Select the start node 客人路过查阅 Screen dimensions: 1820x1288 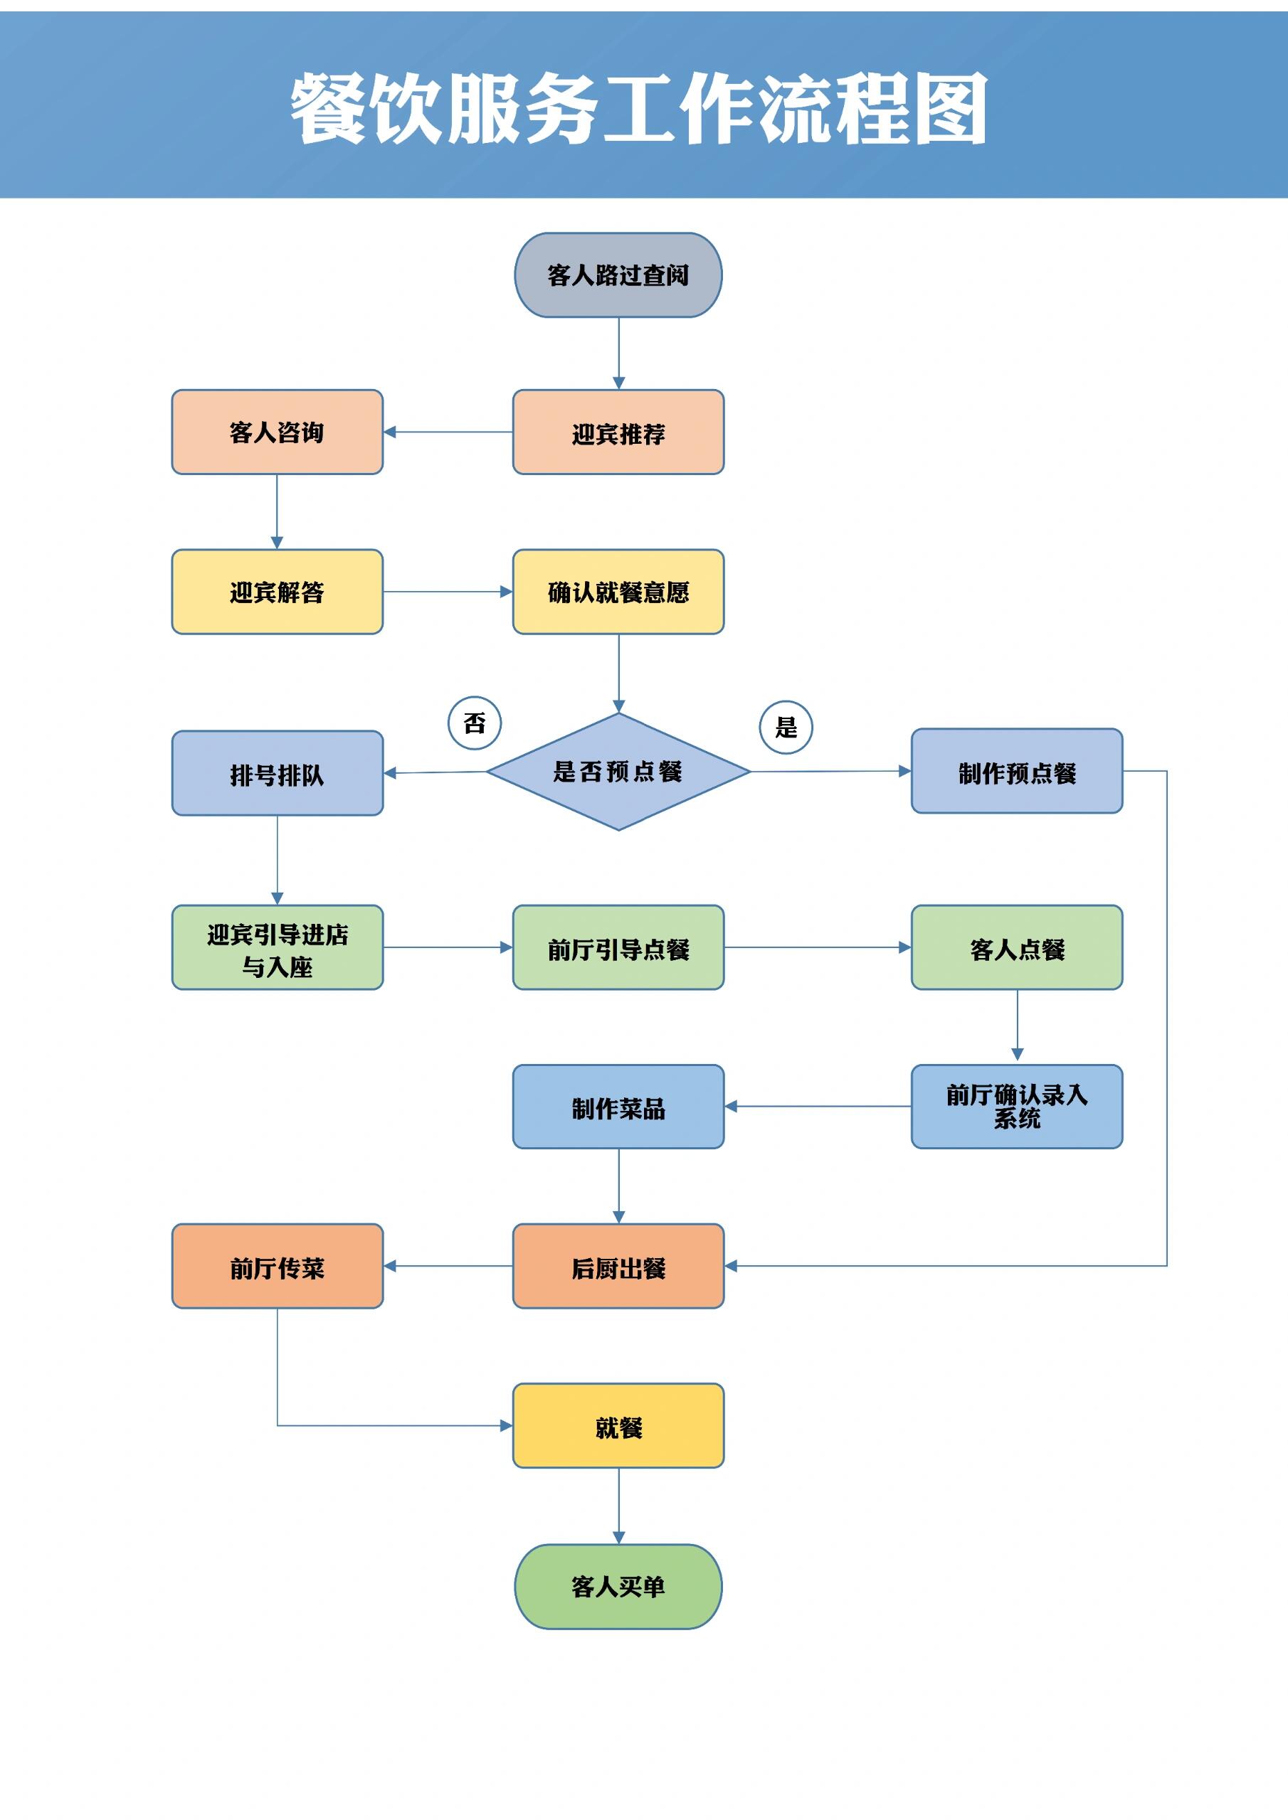[x=618, y=275]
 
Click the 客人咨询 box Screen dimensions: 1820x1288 [x=277, y=432]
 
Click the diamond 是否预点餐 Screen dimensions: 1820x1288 [x=618, y=771]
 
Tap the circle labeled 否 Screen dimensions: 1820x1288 [x=474, y=722]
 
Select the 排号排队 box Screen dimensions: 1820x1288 [x=277, y=773]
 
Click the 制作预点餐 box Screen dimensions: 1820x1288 [x=1016, y=771]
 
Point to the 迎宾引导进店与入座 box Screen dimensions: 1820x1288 [x=277, y=947]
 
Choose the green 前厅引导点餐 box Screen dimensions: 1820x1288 [x=618, y=947]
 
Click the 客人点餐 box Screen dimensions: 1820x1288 [x=1016, y=947]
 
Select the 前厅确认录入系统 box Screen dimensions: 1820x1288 [x=1016, y=1106]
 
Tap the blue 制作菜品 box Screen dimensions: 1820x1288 [x=618, y=1106]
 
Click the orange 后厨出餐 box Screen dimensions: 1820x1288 [x=618, y=1266]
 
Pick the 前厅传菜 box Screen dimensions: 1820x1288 [x=277, y=1266]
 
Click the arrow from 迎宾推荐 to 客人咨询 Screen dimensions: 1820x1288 [x=448, y=432]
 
